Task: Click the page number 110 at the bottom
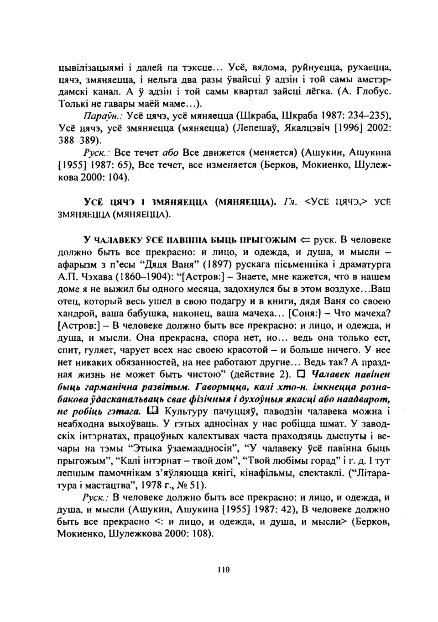224,569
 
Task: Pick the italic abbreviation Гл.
290,201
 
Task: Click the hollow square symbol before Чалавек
302,375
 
